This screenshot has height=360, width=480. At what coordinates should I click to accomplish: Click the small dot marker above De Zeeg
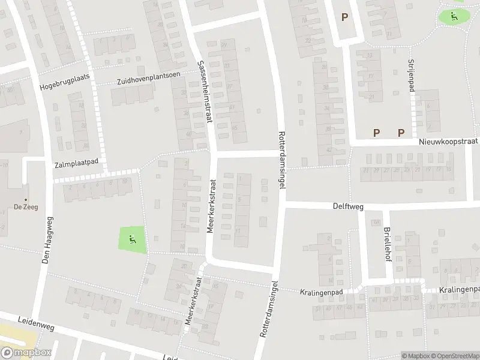(x=25, y=200)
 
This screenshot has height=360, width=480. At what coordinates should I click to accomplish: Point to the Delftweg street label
(x=349, y=206)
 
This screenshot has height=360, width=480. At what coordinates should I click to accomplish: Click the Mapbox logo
(x=26, y=353)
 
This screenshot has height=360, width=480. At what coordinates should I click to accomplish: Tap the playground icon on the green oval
(x=454, y=16)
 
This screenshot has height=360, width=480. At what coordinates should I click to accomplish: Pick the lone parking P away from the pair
(x=344, y=17)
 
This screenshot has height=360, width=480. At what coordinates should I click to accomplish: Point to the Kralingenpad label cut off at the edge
(x=459, y=290)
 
